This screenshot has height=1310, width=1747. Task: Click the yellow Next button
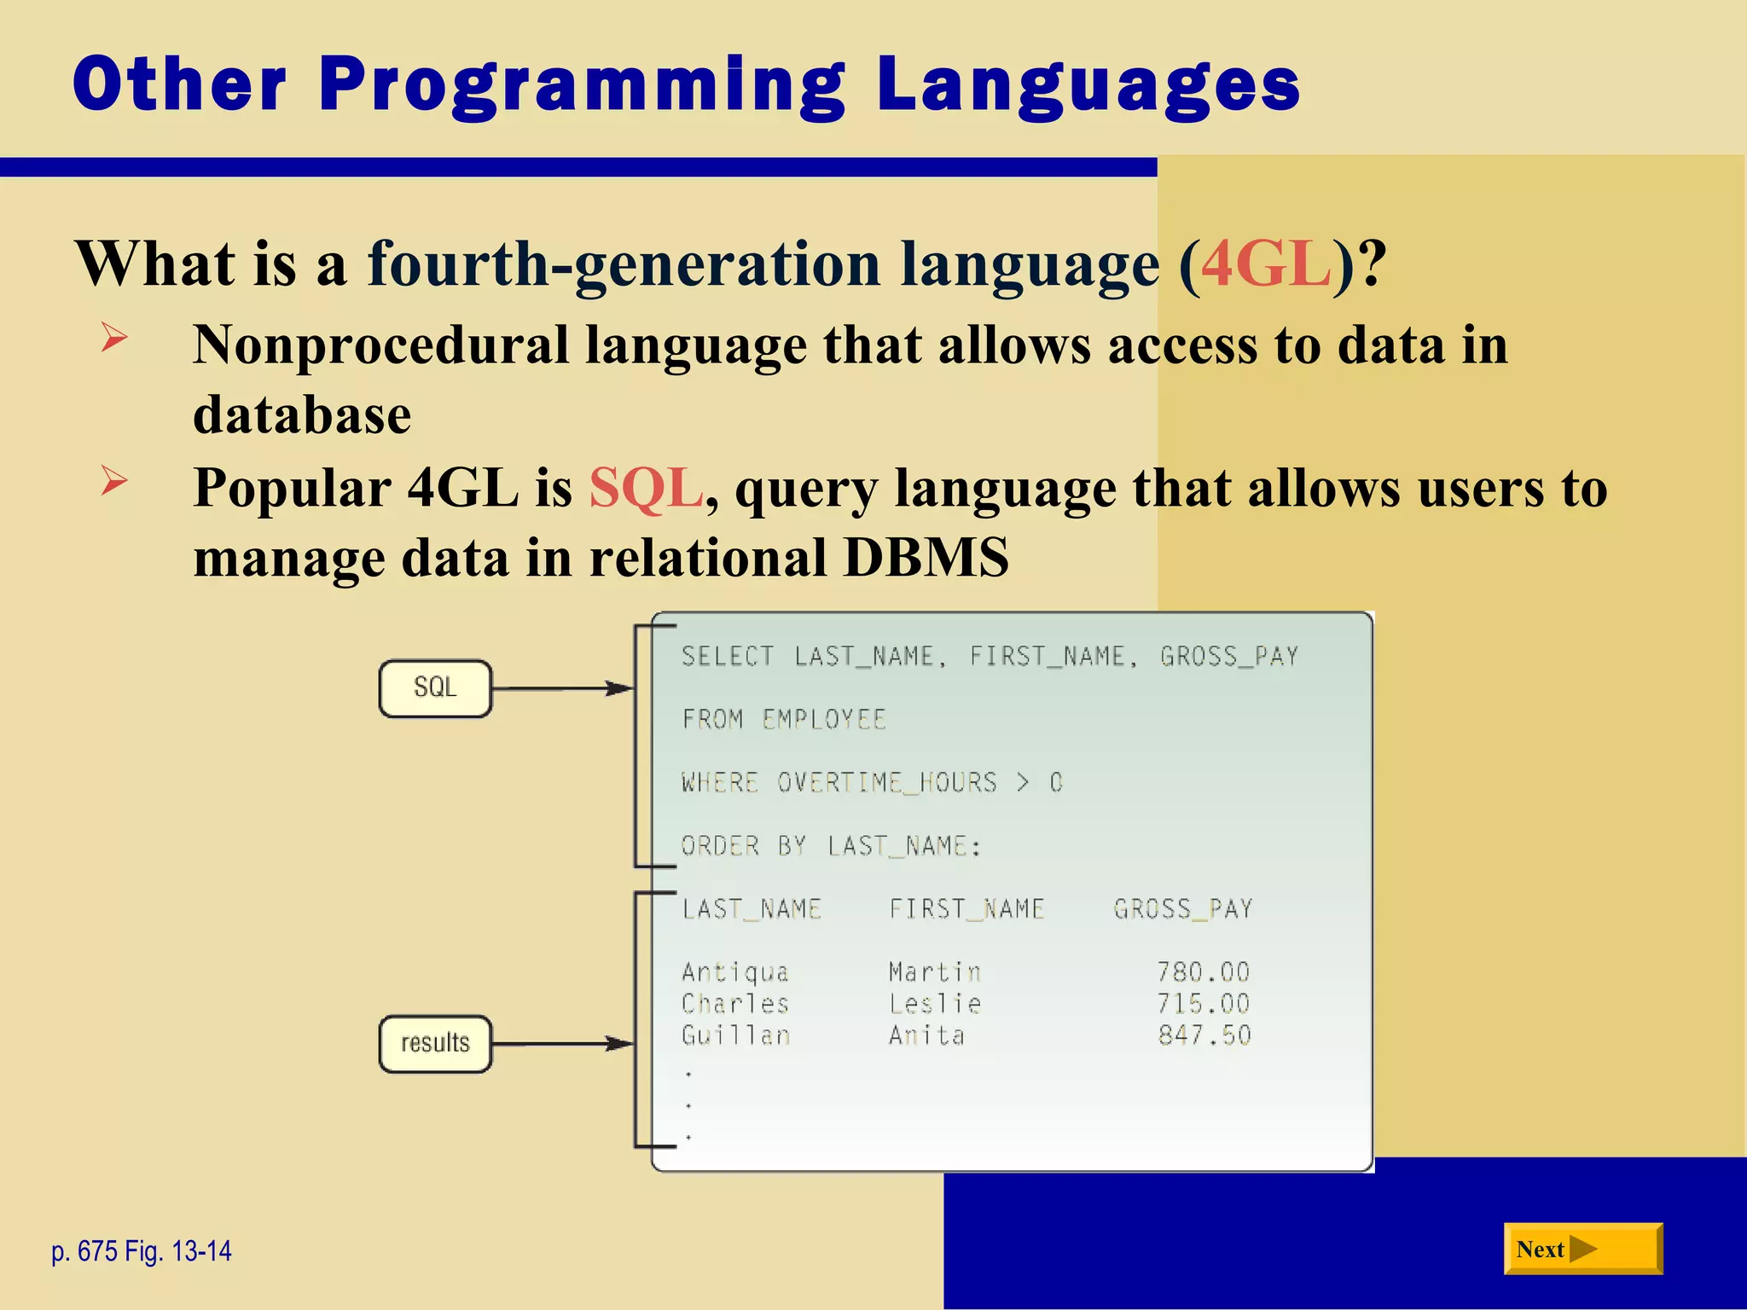tap(1582, 1249)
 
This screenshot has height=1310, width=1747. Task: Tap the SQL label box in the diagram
tap(435, 688)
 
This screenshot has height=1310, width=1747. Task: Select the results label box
tap(435, 1043)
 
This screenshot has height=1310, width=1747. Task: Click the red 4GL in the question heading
tap(1266, 264)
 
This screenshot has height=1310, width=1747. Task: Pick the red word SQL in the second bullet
tap(646, 489)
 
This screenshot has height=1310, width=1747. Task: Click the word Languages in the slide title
tap(1087, 85)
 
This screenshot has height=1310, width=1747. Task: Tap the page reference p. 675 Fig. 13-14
tap(142, 1251)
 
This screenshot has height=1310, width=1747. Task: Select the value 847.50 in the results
tap(1204, 1035)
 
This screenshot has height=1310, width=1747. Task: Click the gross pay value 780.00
tap(1204, 972)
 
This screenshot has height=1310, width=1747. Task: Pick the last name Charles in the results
tap(735, 1004)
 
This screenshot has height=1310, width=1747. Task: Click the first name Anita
tap(926, 1035)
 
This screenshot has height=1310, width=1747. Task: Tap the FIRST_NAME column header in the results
tap(966, 909)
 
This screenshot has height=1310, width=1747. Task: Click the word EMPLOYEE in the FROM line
tap(824, 720)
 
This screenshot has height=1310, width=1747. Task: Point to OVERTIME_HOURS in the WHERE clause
tap(886, 783)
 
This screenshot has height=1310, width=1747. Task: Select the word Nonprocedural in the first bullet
tap(380, 345)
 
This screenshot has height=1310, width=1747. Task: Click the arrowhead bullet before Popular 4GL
tap(113, 481)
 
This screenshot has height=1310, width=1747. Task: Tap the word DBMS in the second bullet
tap(926, 559)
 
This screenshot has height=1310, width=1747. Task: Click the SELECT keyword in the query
tap(727, 657)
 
